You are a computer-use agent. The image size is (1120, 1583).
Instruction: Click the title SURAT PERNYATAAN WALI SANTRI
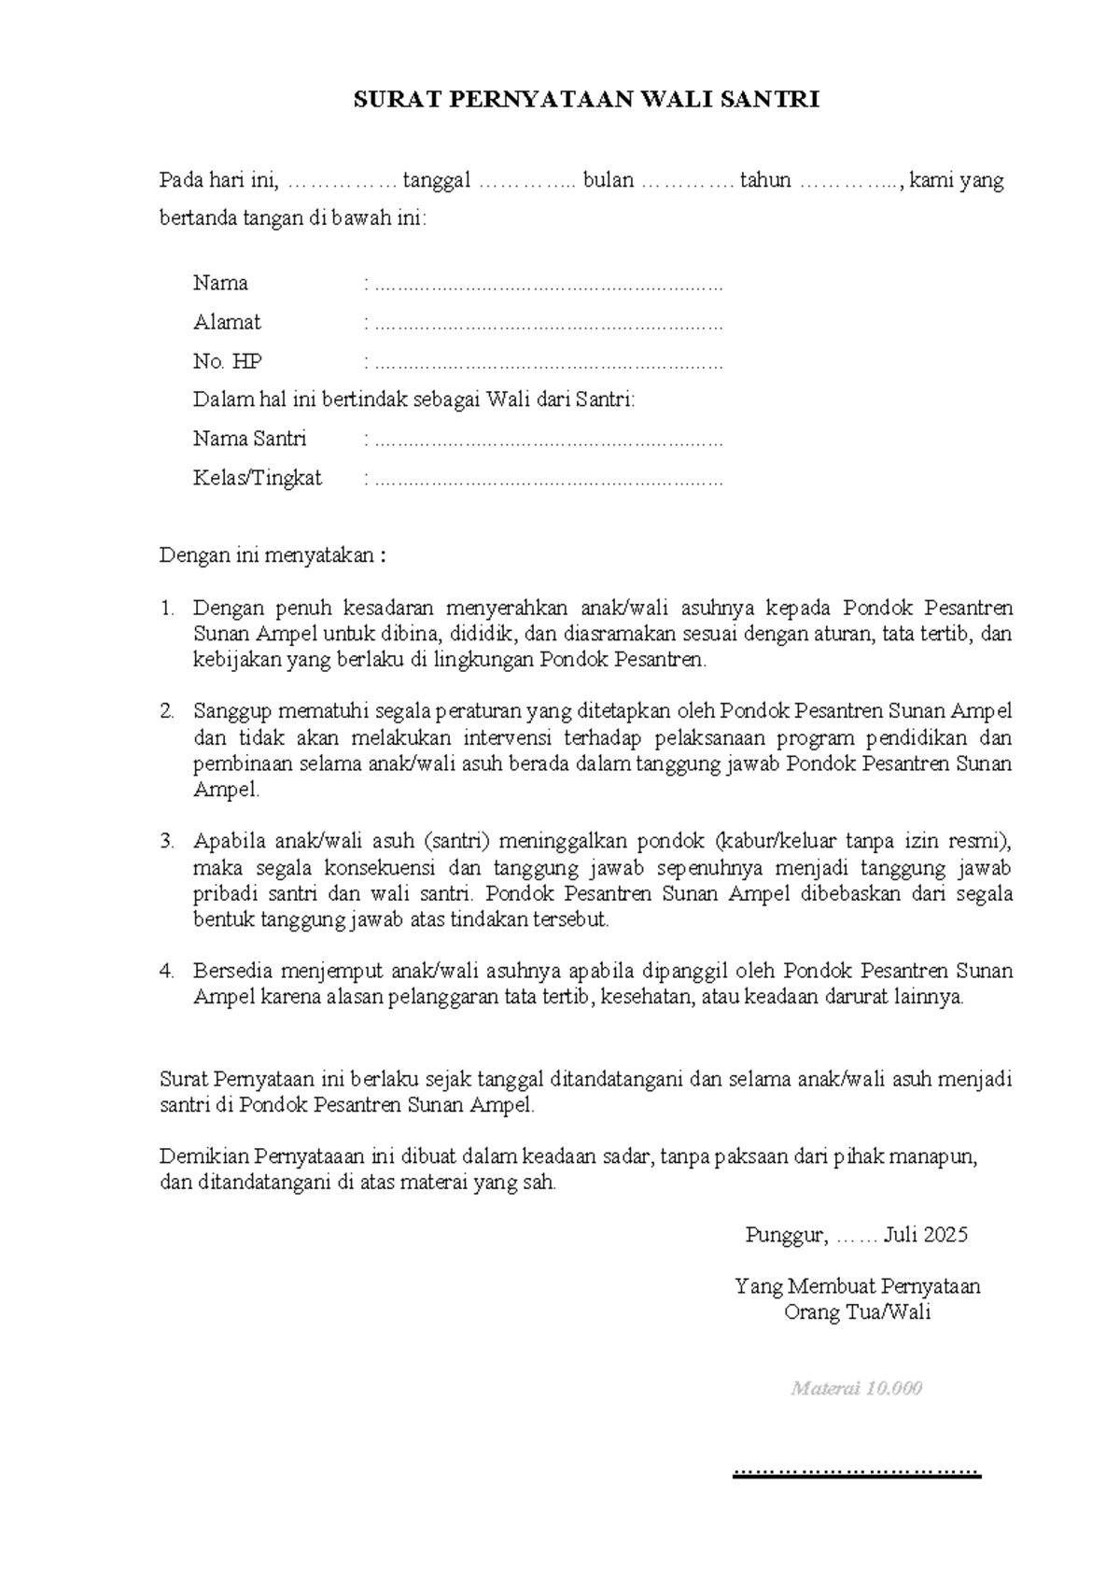pos(586,101)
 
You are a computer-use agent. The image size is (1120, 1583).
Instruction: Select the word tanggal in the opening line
pos(437,180)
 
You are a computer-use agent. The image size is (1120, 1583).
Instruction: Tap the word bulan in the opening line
pos(608,180)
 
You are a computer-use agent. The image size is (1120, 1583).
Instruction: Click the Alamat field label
pos(227,323)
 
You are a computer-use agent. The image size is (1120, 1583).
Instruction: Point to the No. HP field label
pos(227,362)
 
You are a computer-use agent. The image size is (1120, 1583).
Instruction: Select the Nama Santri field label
pos(249,439)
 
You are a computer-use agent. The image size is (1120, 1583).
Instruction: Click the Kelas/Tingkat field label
pos(257,479)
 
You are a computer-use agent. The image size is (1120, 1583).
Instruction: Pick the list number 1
pos(167,609)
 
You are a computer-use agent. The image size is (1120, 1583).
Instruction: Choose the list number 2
pos(167,712)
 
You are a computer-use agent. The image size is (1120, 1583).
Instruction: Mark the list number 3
pos(167,841)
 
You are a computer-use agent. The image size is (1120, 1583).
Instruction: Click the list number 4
pos(167,971)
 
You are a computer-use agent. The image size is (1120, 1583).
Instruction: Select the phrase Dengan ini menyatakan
pos(272,556)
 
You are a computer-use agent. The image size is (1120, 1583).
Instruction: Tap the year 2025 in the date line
pos(945,1236)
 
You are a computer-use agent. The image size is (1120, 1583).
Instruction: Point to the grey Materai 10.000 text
pos(856,1388)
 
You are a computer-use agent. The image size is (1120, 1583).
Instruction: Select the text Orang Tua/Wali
pos(857,1313)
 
